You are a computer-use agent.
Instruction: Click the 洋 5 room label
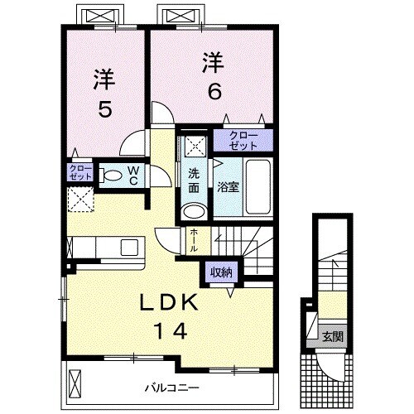tap(103, 93)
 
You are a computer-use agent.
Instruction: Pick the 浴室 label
tap(228, 186)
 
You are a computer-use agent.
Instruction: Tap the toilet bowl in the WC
tap(111, 176)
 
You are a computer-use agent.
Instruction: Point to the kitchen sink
tap(130, 248)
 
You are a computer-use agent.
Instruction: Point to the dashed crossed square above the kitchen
tap(79, 200)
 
